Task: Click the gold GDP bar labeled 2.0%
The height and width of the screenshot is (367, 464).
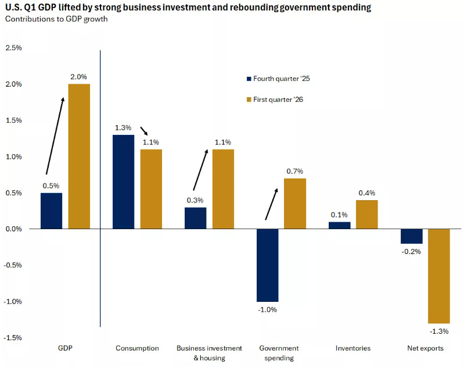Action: click(79, 156)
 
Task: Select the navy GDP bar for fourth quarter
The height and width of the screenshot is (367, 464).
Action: click(52, 211)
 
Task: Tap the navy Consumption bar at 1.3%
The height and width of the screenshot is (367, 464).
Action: click(123, 181)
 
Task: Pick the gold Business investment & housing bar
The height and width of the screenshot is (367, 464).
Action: click(223, 189)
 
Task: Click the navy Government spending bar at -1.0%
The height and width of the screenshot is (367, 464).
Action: click(268, 265)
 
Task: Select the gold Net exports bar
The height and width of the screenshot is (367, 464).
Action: click(439, 276)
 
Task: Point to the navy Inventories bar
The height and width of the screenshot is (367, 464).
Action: click(340, 225)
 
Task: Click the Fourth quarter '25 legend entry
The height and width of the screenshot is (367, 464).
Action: click(278, 79)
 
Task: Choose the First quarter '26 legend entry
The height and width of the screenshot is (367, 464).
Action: click(275, 99)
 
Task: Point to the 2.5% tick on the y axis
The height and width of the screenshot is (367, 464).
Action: click(13, 48)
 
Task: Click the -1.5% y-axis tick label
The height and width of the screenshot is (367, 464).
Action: click(13, 338)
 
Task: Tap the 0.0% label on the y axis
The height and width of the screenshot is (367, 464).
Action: click(13, 229)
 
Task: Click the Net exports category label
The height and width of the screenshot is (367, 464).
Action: click(425, 348)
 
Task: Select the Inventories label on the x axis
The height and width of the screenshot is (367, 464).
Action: click(353, 348)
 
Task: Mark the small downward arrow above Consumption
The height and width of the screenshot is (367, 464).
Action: click(144, 131)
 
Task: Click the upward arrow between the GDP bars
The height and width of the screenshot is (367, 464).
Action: click(55, 136)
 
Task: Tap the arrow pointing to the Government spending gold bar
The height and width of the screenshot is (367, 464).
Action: click(272, 204)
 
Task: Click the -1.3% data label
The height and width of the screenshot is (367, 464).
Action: click(439, 332)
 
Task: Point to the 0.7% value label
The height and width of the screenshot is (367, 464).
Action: click(295, 172)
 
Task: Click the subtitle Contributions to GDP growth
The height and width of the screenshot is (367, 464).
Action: click(56, 19)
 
